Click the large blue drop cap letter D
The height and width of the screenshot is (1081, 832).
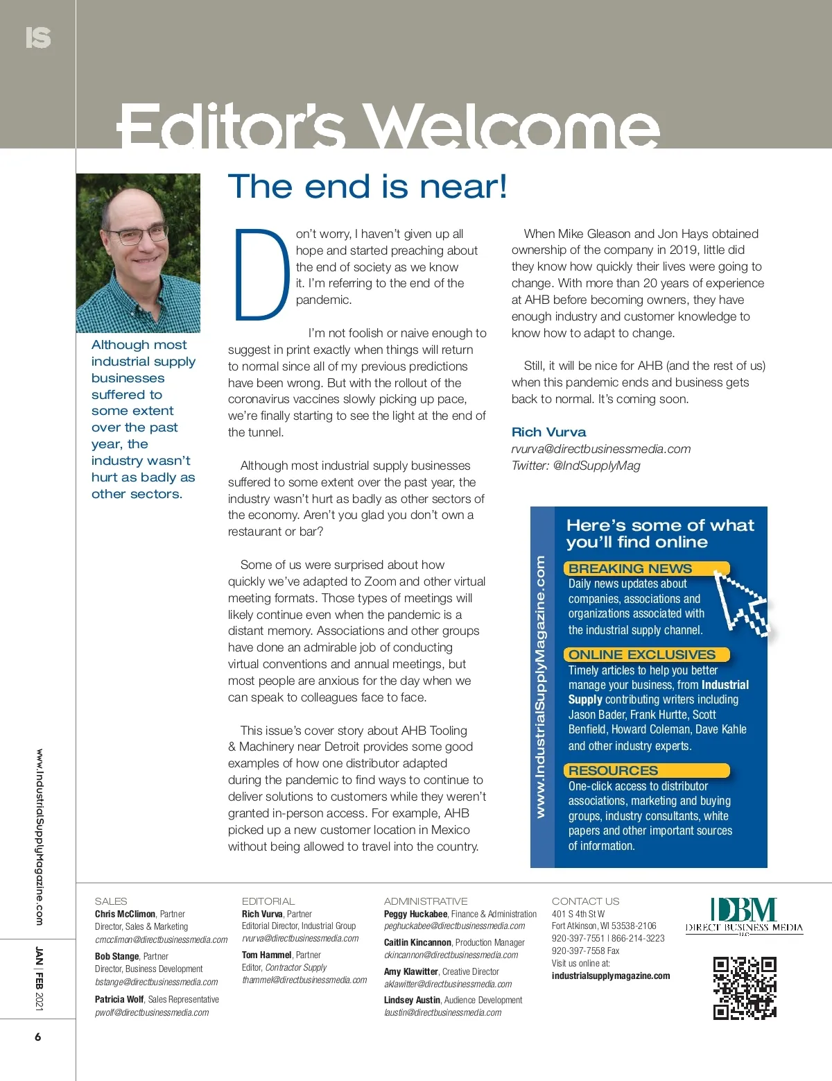[261, 274]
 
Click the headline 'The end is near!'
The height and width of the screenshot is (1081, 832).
[367, 187]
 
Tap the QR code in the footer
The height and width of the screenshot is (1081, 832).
[745, 987]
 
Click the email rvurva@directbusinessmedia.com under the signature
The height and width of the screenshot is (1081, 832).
[601, 449]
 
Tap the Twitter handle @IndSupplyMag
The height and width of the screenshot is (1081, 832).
[596, 466]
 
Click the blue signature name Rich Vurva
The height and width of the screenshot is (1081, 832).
[548, 432]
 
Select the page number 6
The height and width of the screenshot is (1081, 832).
[37, 1037]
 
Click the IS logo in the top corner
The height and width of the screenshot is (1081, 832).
[37, 37]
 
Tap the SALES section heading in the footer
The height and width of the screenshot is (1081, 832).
[111, 901]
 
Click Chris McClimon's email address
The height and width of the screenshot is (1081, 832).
[161, 939]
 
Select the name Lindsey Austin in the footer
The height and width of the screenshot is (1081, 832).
[412, 1000]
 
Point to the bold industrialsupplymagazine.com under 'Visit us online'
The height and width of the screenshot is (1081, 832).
[611, 976]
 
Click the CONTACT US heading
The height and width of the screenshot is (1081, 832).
[585, 901]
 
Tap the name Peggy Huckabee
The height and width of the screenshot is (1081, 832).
[415, 914]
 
